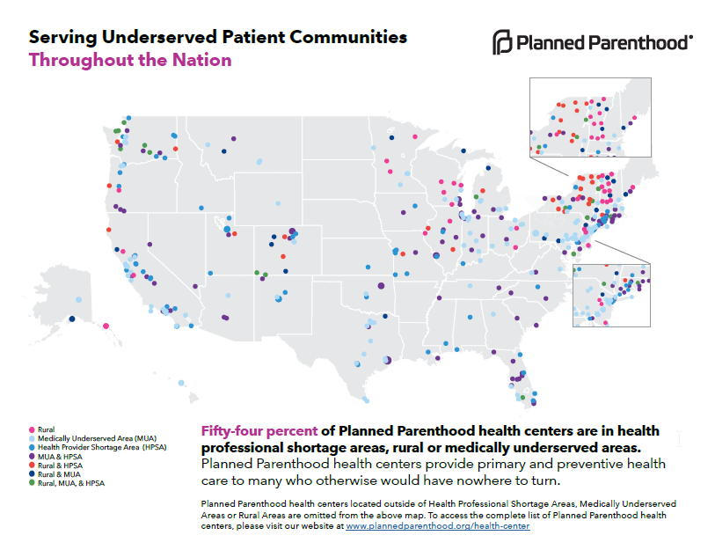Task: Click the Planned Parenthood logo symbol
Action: [x=501, y=42]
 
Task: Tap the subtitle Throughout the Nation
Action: [x=130, y=60]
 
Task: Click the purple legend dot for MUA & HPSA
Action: [x=33, y=457]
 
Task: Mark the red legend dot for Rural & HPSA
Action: [x=33, y=466]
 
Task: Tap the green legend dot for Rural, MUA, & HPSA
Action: [x=33, y=483]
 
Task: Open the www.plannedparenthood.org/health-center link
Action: [x=438, y=526]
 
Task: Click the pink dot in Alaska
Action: [x=106, y=326]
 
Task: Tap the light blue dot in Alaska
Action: [x=78, y=299]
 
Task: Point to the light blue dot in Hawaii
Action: [x=180, y=383]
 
